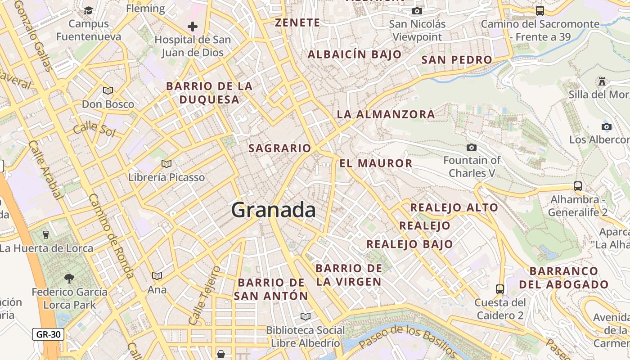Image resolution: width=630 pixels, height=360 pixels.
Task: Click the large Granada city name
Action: pyautogui.click(x=274, y=210)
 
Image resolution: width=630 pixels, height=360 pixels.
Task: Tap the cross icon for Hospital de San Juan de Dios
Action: pyautogui.click(x=193, y=27)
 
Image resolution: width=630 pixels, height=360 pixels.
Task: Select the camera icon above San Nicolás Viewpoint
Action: pyautogui.click(x=417, y=11)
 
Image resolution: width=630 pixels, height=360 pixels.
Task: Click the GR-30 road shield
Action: pyautogui.click(x=48, y=334)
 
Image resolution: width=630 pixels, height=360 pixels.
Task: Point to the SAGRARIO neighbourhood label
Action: pyautogui.click(x=280, y=148)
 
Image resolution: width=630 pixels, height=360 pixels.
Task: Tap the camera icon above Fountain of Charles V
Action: pyautogui.click(x=472, y=147)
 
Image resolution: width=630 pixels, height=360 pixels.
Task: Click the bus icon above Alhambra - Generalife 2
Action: pyautogui.click(x=578, y=186)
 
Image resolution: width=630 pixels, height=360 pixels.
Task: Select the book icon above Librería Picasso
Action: pyautogui.click(x=166, y=164)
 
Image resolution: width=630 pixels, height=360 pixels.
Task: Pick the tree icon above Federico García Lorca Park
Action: pyautogui.click(x=69, y=279)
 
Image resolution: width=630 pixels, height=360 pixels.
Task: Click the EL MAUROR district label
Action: pyautogui.click(x=376, y=163)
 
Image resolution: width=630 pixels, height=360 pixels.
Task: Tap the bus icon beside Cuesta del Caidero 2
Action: pyautogui.click(x=500, y=289)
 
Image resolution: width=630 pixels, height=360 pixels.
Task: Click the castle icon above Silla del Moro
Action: pyautogui.click(x=602, y=81)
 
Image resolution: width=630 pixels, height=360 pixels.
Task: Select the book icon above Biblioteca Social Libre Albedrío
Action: pyautogui.click(x=306, y=316)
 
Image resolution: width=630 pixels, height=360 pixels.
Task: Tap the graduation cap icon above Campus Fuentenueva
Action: pyautogui.click(x=89, y=10)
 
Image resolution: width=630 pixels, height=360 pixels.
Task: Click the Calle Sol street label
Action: pyautogui.click(x=94, y=129)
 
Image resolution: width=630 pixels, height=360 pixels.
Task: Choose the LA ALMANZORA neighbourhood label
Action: pyautogui.click(x=386, y=114)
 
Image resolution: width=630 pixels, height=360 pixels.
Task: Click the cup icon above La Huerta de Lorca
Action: pyautogui.click(x=45, y=234)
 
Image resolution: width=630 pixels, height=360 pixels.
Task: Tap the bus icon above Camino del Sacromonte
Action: pyautogui.click(x=540, y=10)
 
